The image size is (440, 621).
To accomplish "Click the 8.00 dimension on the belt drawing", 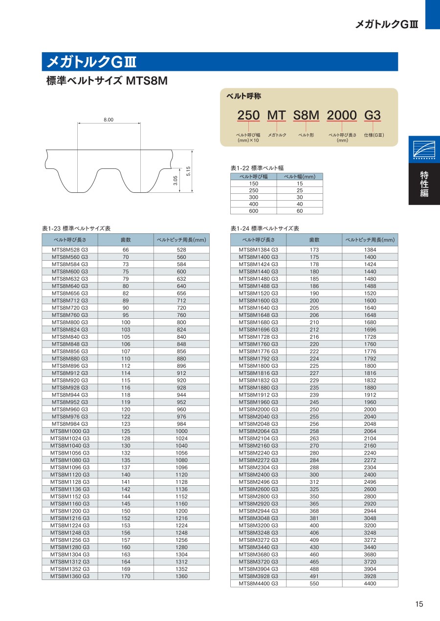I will pyautogui.click(x=109, y=120).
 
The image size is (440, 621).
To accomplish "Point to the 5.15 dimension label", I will pyautogui.click(x=188, y=171).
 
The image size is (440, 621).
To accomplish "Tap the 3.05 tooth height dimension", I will pyautogui.click(x=175, y=181).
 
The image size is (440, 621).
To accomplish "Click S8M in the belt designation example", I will pyautogui.click(x=306, y=116).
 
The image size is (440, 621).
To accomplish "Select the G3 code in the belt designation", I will pyautogui.click(x=373, y=116).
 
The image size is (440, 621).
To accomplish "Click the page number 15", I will pyautogui.click(x=419, y=604).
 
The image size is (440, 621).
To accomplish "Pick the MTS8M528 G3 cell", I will pyautogui.click(x=70, y=249).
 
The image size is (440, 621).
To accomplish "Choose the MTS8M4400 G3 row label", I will pyautogui.click(x=259, y=583).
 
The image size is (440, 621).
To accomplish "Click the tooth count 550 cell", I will pyautogui.click(x=314, y=583).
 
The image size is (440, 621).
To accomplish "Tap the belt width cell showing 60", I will pyautogui.click(x=300, y=211).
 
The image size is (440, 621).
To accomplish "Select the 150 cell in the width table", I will pyautogui.click(x=254, y=184).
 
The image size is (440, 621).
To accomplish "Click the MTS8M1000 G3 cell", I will pyautogui.click(x=70, y=431).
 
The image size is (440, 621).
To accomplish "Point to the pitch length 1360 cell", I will pyautogui.click(x=181, y=576).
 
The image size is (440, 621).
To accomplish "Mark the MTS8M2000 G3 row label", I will pyautogui.click(x=259, y=409).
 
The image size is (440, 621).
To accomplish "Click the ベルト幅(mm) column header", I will pyautogui.click(x=300, y=177).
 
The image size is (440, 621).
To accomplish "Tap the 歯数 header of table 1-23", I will pyautogui.click(x=126, y=240).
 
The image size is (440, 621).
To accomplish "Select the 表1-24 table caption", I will pyautogui.click(x=264, y=228).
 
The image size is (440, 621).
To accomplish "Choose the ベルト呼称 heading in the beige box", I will pyautogui.click(x=243, y=96).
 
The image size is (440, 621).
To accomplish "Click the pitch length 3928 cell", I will pyautogui.click(x=370, y=576).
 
